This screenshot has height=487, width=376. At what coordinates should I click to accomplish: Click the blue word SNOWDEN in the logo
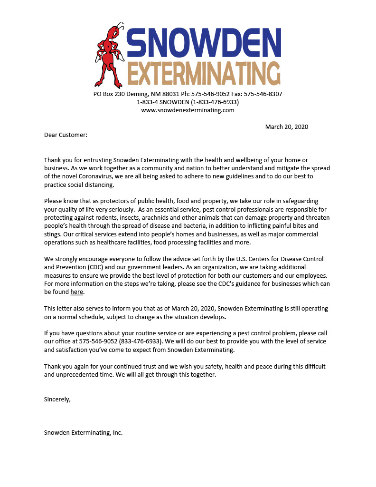pyautogui.click(x=204, y=43)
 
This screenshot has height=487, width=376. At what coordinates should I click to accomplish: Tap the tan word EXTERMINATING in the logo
pyautogui.click(x=204, y=74)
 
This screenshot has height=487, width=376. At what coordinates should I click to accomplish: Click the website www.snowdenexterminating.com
pyautogui.click(x=188, y=110)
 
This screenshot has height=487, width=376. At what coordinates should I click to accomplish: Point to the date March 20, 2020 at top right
pyautogui.click(x=286, y=127)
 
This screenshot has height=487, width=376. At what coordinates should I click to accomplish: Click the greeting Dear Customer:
pyautogui.click(x=66, y=135)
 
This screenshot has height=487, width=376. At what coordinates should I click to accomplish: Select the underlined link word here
pyautogui.click(x=76, y=292)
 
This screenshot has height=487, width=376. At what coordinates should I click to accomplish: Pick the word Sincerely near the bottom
pyautogui.click(x=57, y=399)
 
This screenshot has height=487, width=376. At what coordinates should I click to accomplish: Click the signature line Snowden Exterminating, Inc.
pyautogui.click(x=83, y=433)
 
